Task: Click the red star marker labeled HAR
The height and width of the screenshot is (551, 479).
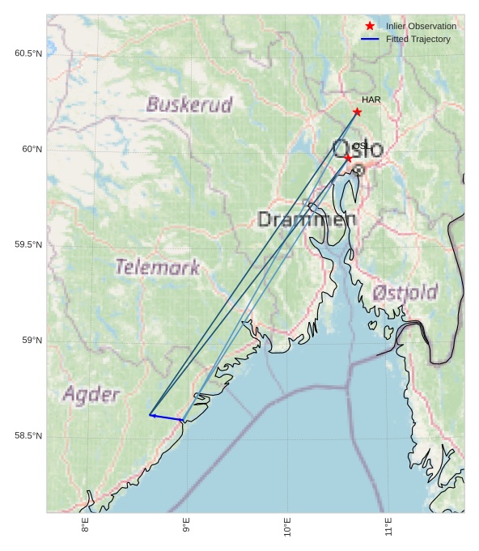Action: (357, 112)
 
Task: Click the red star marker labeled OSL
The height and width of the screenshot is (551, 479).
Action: (348, 158)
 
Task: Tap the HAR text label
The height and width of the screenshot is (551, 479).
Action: (371, 100)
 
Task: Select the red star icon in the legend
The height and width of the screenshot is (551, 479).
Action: (370, 26)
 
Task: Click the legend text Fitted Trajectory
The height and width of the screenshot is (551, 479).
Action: (418, 39)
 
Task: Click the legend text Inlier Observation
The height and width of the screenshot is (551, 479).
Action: (421, 26)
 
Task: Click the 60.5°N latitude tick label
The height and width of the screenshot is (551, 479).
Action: (28, 53)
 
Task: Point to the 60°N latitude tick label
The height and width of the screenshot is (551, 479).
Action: (32, 149)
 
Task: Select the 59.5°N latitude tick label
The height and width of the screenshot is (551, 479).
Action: (28, 244)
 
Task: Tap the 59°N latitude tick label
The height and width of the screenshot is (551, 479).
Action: (32, 340)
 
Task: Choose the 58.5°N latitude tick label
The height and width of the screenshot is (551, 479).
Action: (28, 435)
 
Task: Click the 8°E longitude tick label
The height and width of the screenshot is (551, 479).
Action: (85, 527)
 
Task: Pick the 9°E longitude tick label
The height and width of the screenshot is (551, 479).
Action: (186, 527)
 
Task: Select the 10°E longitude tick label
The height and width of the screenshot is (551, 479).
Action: (287, 527)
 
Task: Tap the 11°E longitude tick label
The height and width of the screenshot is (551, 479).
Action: (388, 527)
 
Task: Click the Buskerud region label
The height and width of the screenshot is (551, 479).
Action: (189, 104)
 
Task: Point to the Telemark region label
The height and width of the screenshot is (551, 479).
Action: (157, 267)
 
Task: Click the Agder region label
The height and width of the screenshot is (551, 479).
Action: (91, 395)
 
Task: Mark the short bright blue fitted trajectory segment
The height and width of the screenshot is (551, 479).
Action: (166, 417)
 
